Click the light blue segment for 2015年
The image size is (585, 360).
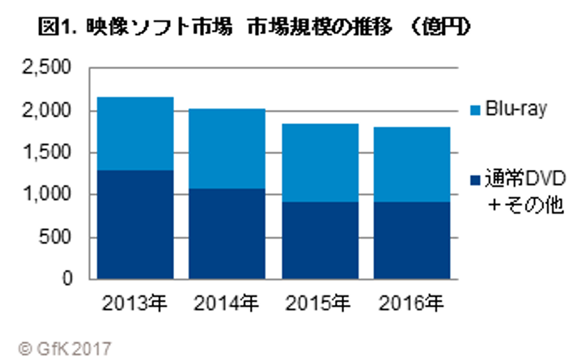pos(320,163)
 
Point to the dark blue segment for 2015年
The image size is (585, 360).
pos(320,240)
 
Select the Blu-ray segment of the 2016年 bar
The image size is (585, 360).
pos(412,164)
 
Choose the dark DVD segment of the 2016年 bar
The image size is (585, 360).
pos(412,240)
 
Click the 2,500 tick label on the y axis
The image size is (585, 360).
pos(47,68)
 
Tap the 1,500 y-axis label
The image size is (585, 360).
pos(47,152)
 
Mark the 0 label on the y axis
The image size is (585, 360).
pos(68,279)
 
